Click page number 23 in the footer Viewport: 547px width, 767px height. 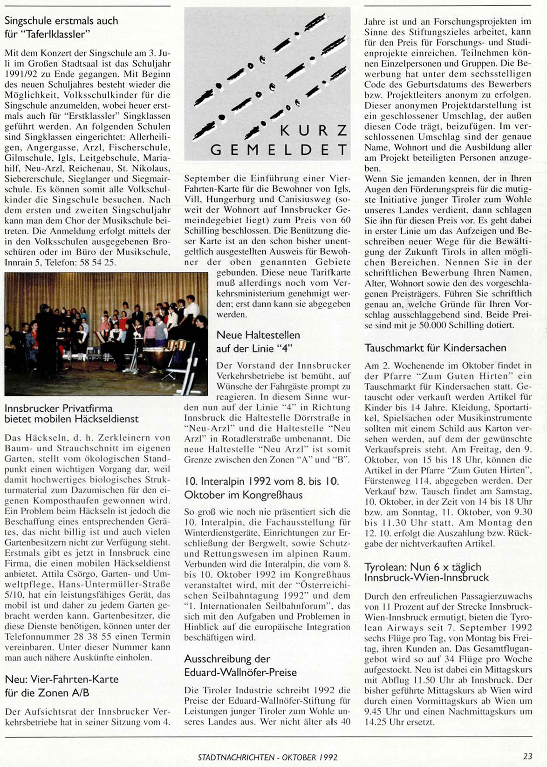tap(527, 757)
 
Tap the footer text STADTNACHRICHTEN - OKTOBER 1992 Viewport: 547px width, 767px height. tap(267, 757)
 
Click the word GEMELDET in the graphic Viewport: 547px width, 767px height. tap(279, 150)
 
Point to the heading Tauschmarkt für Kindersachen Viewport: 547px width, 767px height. tap(435, 348)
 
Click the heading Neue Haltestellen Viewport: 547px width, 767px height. tap(258, 335)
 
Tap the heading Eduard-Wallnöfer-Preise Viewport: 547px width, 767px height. tap(240, 672)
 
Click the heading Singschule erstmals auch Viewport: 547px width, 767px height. tap(61, 21)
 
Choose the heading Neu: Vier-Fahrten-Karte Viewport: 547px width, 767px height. tap(62, 679)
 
